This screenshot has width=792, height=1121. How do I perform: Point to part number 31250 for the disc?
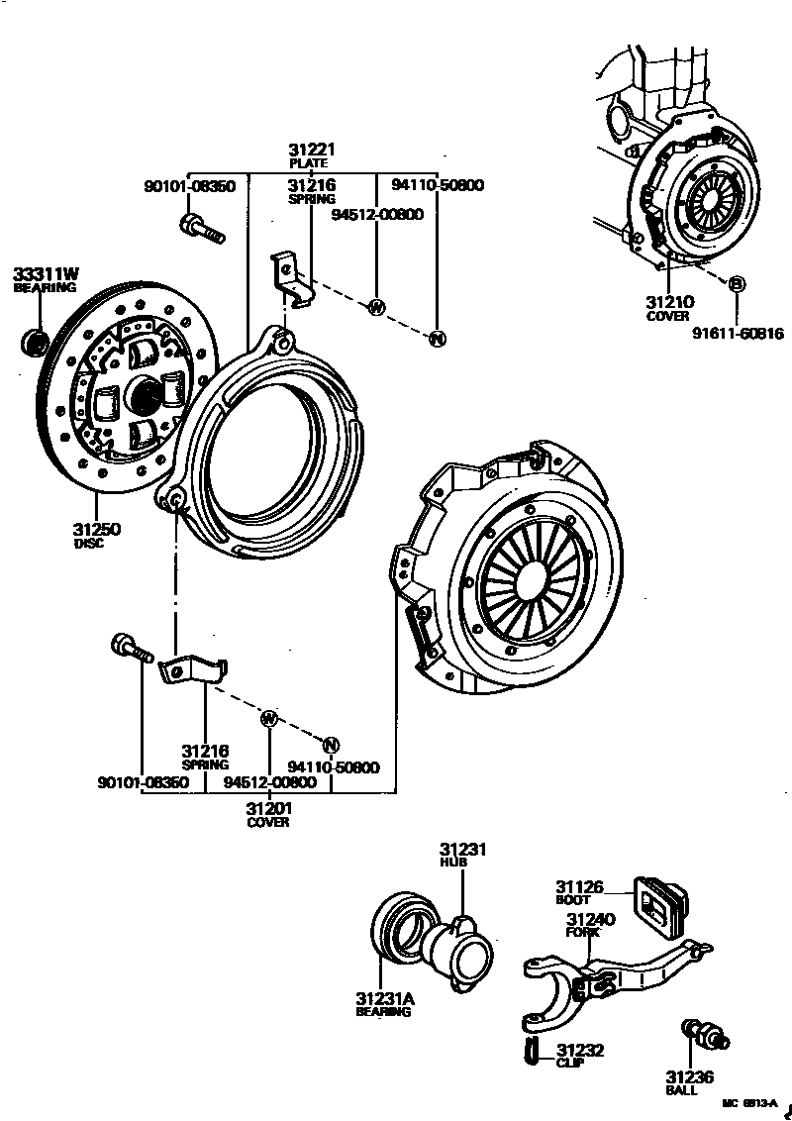[96, 530]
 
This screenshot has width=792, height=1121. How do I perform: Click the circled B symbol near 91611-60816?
[736, 285]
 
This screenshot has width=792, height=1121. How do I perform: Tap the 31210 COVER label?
[668, 302]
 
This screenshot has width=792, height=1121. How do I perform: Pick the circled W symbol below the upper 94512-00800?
[375, 307]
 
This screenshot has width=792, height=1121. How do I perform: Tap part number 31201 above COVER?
[268, 808]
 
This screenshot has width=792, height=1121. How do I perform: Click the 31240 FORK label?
[590, 920]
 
